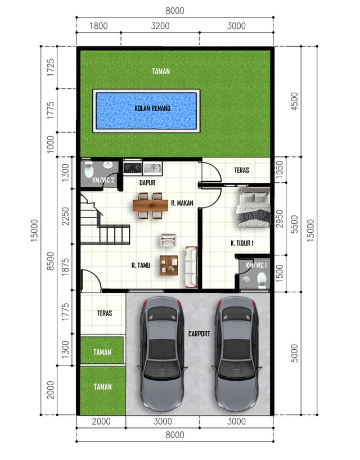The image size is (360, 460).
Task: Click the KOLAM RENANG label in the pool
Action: pyautogui.click(x=152, y=109)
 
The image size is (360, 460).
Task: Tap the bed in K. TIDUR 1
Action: pyautogui.click(x=254, y=208)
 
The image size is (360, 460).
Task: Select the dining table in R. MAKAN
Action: pyautogui.click(x=150, y=205)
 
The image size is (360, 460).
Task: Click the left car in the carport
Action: pyautogui.click(x=162, y=354)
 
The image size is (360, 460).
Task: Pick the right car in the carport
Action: pyautogui.click(x=237, y=354)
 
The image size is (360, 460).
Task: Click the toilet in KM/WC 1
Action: pyautogui.click(x=262, y=280)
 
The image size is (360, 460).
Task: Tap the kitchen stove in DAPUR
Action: pyautogui.click(x=133, y=168)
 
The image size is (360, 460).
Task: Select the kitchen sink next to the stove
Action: pyautogui.click(x=152, y=168)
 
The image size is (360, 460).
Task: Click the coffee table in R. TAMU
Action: pyautogui.click(x=169, y=265)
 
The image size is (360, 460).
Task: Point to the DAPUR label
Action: pyautogui.click(x=147, y=182)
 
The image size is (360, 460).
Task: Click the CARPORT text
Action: pyautogui.click(x=199, y=333)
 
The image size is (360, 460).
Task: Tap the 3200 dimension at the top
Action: pyautogui.click(x=160, y=26)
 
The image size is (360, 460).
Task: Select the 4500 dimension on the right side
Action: pyautogui.click(x=294, y=102)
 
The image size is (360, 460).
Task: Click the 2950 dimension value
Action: pyautogui.click(x=280, y=219)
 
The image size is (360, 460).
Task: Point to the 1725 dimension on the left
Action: pyautogui.click(x=51, y=67)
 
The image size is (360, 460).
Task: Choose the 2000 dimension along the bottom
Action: pyautogui.click(x=101, y=421)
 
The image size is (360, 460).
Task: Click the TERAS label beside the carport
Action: pyautogui.click(x=105, y=313)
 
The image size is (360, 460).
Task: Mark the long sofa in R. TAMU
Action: pyautogui.click(x=191, y=267)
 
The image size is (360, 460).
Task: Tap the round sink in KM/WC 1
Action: pyautogui.click(x=246, y=280)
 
